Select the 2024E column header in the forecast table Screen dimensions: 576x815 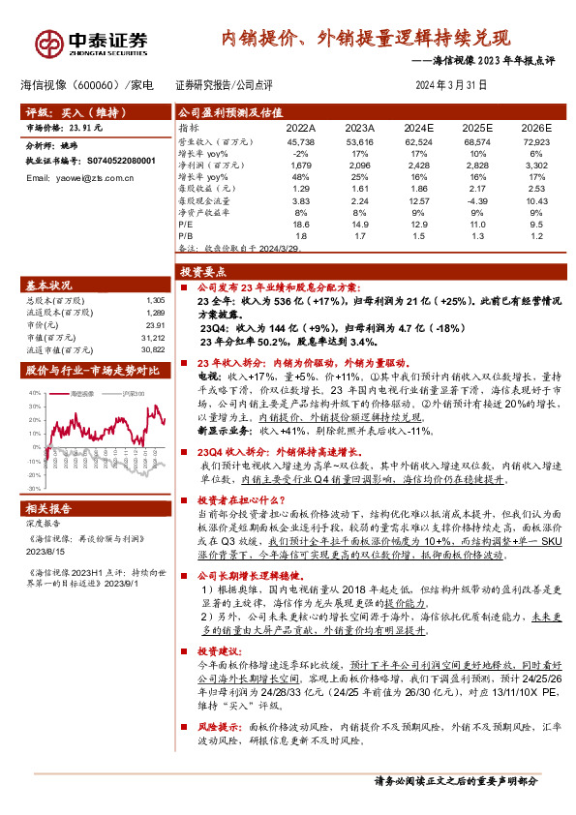[x=418, y=127]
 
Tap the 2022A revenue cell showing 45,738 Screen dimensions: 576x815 [x=300, y=142]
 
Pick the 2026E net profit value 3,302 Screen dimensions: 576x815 [x=535, y=166]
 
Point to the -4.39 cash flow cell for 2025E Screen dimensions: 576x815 [x=476, y=199]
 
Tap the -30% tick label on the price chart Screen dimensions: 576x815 [x=35, y=490]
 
